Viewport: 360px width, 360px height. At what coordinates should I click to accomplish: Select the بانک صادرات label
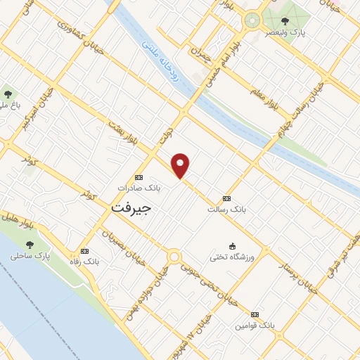click(139, 188)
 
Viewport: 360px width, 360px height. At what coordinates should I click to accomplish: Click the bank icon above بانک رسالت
click(226, 198)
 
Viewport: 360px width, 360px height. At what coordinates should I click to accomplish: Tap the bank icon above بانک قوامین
click(254, 314)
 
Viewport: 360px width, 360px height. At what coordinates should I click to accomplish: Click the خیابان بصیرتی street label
click(123, 250)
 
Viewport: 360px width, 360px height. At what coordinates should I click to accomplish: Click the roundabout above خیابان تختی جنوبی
click(174, 257)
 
